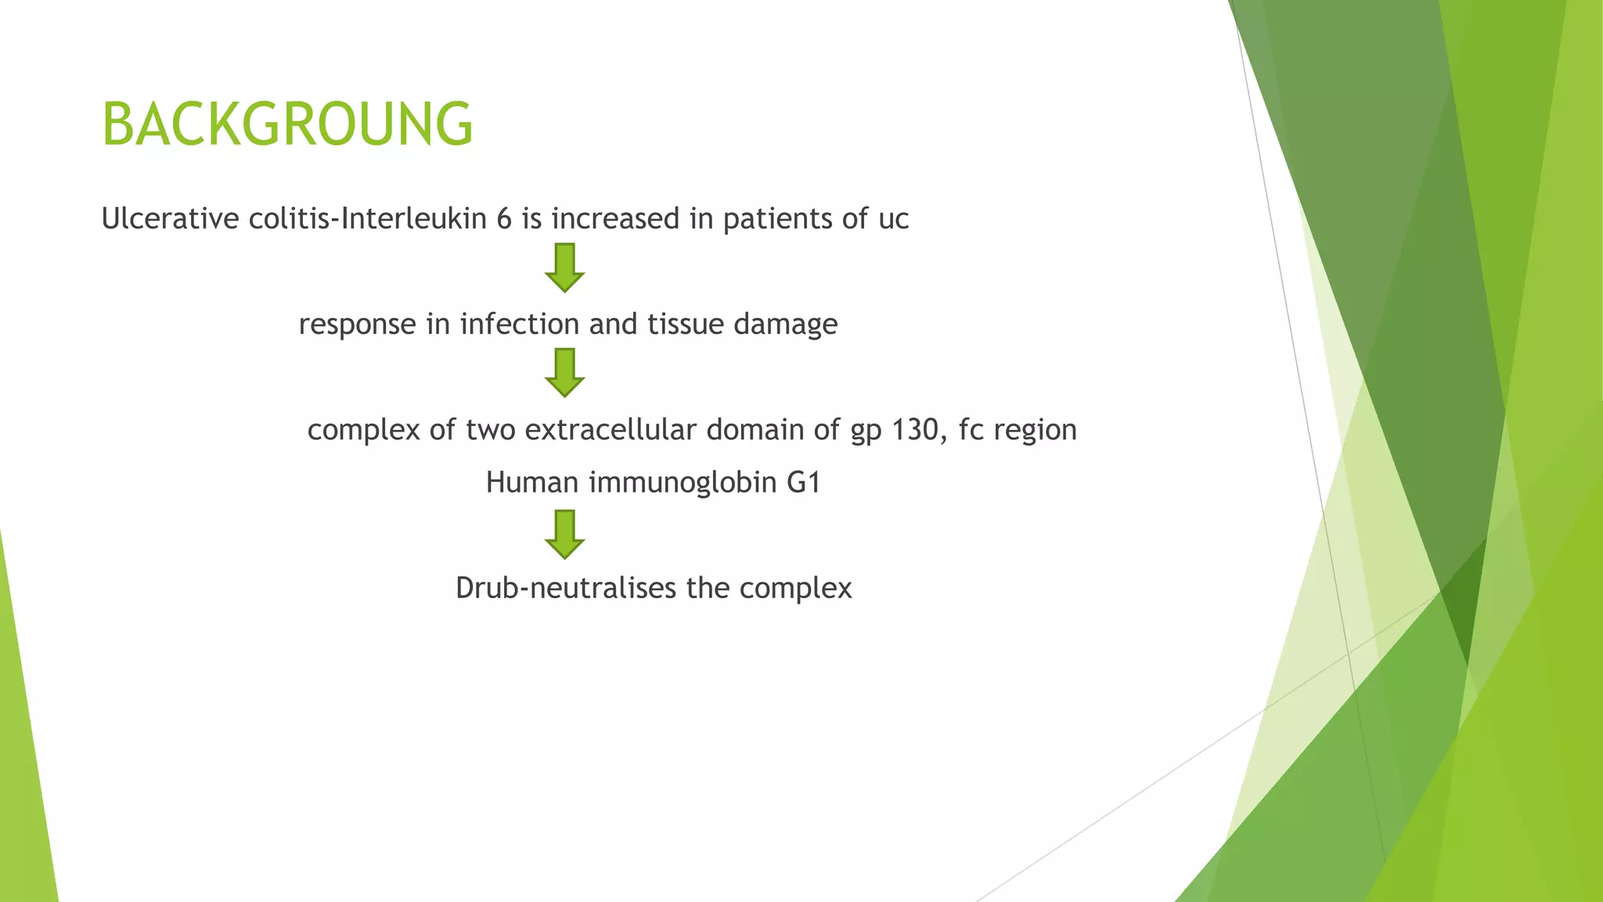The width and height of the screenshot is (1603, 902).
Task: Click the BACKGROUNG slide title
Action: pyautogui.click(x=287, y=124)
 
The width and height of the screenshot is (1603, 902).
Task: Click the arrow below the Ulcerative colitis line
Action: pyautogui.click(x=564, y=268)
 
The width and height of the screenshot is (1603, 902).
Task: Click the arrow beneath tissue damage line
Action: pyautogui.click(x=564, y=373)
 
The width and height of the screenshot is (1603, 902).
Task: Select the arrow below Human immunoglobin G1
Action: pyautogui.click(x=564, y=535)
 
